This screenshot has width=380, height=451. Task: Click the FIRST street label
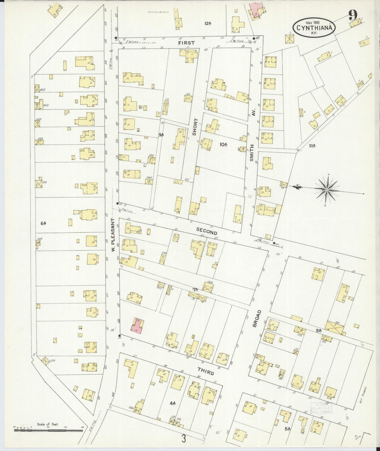tap(186, 43)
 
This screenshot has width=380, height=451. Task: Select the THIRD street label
tap(206, 372)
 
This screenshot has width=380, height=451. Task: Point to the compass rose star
tap(327, 190)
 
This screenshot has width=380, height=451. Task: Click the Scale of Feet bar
tap(48, 431)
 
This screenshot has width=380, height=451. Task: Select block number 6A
tap(43, 223)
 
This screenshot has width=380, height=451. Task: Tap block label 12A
tap(208, 23)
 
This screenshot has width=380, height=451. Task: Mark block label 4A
tap(172, 403)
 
